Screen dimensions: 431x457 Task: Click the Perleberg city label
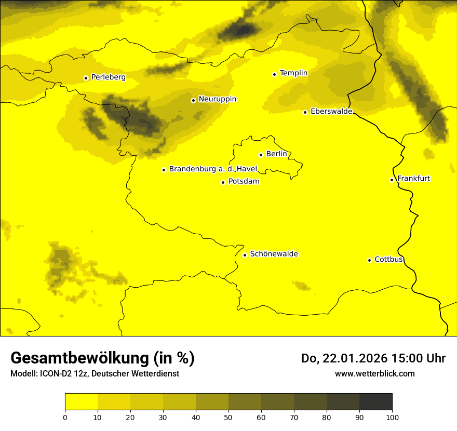click(108, 77)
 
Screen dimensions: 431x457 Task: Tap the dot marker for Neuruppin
click(193, 100)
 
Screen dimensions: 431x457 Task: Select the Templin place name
click(293, 73)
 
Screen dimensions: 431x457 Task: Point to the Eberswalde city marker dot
click(305, 112)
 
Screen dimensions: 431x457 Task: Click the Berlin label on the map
click(276, 154)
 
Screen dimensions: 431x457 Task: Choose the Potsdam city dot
click(223, 182)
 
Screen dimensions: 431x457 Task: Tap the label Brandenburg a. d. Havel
click(213, 169)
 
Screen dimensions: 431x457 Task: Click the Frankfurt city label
click(413, 179)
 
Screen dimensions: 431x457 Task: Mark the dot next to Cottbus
click(369, 260)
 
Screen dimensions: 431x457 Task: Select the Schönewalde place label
click(274, 254)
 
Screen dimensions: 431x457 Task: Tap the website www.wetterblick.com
click(374, 374)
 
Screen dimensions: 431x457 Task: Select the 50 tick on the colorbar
click(228, 417)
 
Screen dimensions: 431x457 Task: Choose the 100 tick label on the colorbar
click(392, 417)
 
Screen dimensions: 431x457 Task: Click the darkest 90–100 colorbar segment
click(375, 402)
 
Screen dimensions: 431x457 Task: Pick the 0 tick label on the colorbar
click(65, 417)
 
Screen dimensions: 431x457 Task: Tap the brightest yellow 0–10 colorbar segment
click(81, 402)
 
